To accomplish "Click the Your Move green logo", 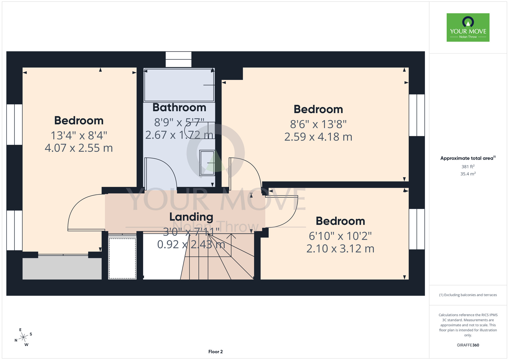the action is click(468, 27).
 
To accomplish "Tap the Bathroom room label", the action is click(179, 107).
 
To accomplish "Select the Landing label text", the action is click(191, 217).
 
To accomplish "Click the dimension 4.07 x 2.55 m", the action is click(79, 148).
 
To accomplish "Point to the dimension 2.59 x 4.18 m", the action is click(318, 137).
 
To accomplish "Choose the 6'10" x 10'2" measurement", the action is click(340, 236).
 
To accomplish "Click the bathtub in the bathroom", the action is click(179, 85).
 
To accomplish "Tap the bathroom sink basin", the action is click(207, 163).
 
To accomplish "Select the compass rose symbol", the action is click(23, 337).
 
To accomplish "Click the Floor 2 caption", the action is click(216, 352).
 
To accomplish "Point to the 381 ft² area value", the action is click(468, 167).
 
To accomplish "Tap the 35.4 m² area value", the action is click(468, 174).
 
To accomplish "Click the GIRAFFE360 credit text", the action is click(468, 345).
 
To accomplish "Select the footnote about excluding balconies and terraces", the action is click(468, 295).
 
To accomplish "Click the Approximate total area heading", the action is click(468, 158).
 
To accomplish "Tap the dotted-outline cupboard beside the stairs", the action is click(122, 258).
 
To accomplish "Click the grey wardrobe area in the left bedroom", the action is click(62, 268).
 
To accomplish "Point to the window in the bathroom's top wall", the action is click(178, 59).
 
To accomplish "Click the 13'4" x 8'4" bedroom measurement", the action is click(79, 135).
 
